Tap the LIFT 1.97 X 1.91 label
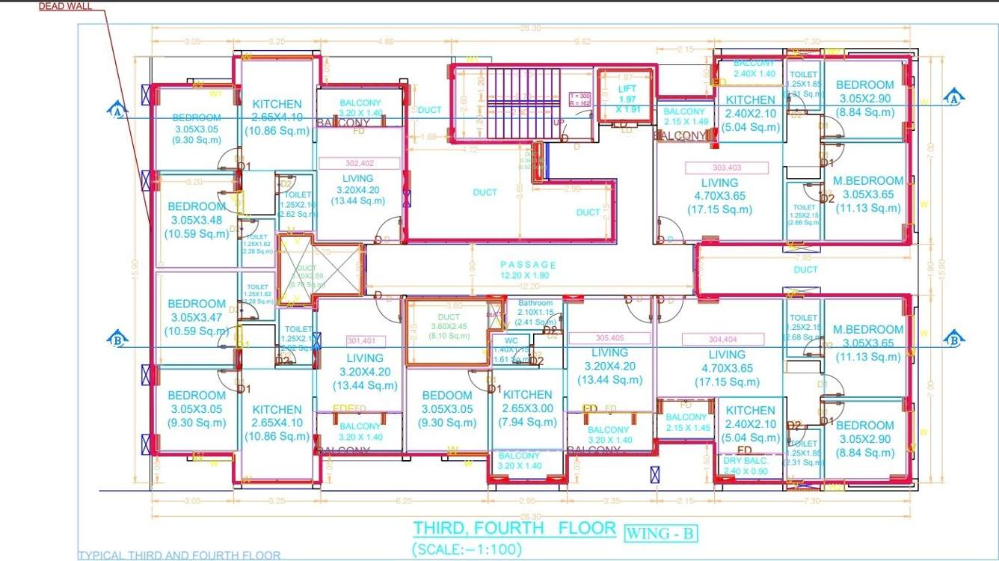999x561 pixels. pos(627,99)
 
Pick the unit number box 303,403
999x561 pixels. pos(727,168)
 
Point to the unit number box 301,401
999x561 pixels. pos(359,340)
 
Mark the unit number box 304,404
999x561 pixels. pos(722,339)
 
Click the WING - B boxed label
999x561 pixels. pos(660,533)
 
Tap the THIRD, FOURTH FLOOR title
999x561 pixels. pos(514,528)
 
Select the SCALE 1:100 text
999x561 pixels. pos(467,548)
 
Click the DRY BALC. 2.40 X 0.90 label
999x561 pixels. pos(745,466)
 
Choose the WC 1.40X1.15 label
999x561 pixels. pos(511,349)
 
